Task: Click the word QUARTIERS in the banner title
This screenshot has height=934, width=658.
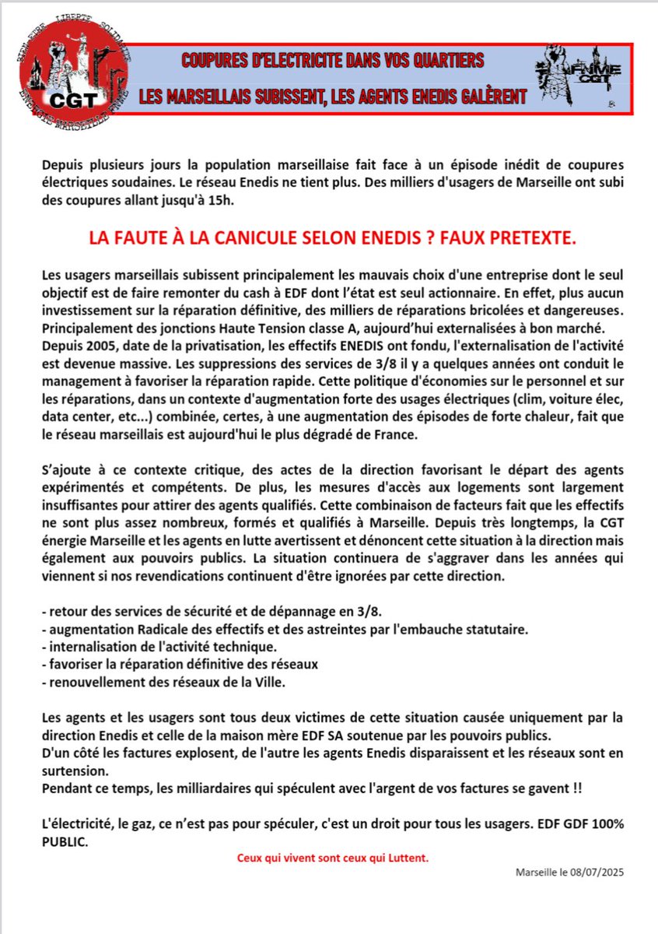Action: (x=440, y=61)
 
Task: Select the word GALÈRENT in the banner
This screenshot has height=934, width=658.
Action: (x=483, y=96)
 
